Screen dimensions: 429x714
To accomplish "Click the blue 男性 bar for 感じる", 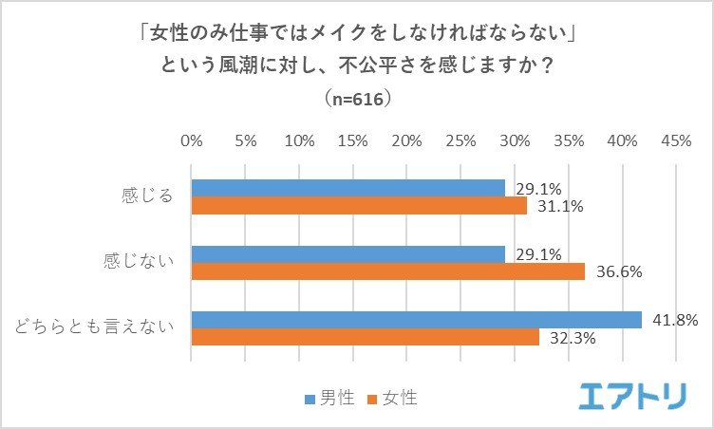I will (x=348, y=188).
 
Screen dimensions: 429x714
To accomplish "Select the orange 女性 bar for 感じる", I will (x=359, y=205).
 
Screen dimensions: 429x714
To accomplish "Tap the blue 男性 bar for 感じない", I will (x=348, y=254).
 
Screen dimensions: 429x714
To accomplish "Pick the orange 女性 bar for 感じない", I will (x=388, y=271).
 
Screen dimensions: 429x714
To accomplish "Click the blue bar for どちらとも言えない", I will (x=416, y=320).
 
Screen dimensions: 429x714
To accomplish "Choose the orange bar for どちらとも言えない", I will (x=366, y=337).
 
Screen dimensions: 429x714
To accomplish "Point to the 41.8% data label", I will (x=676, y=320).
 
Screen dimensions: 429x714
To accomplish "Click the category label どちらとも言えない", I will (x=95, y=328).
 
